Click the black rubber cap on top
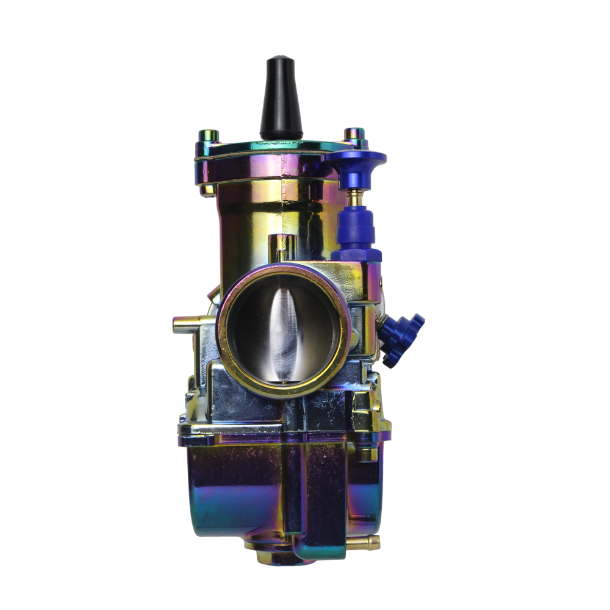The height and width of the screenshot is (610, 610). click(x=281, y=98)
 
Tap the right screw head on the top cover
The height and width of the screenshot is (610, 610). click(x=354, y=134)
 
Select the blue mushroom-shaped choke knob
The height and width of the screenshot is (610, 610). click(x=355, y=163)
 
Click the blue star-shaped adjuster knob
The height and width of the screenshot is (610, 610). click(x=403, y=339)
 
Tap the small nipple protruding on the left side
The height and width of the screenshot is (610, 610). click(x=184, y=324)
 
